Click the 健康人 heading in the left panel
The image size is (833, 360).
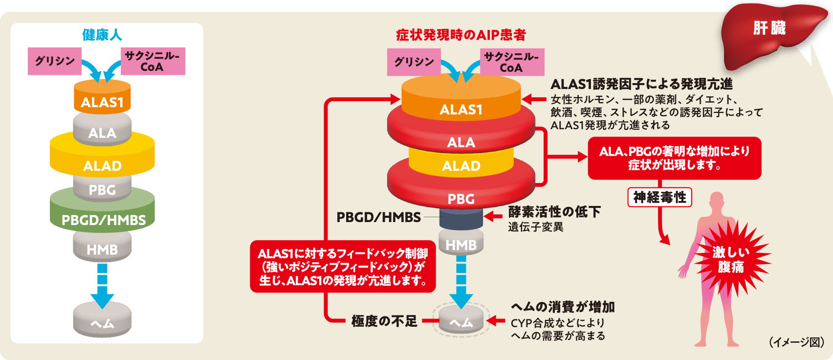(x=102, y=35)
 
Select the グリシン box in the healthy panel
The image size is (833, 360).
(x=55, y=61)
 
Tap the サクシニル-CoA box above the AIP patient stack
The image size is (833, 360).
(x=512, y=62)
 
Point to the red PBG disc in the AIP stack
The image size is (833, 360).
(x=460, y=196)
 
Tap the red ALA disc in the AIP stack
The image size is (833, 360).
(x=460, y=139)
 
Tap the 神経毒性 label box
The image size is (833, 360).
(x=659, y=197)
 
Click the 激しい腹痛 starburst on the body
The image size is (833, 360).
(x=731, y=260)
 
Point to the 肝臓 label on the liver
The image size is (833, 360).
(x=769, y=28)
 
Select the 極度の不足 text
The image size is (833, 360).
(x=384, y=321)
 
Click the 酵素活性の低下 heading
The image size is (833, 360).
(x=554, y=212)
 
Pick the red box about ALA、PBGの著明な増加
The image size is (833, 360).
(x=674, y=158)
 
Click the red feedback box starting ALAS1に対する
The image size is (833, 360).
(x=343, y=267)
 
